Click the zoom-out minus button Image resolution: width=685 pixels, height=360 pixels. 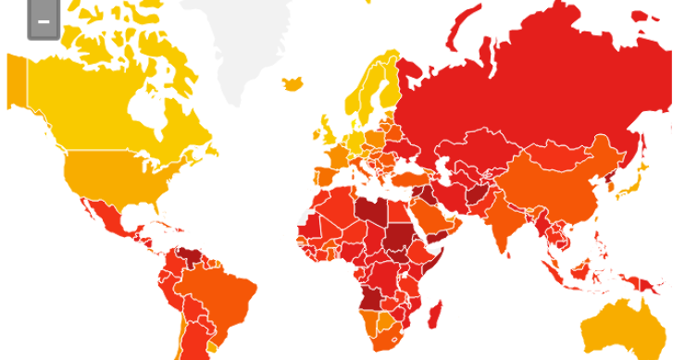tap(44, 21)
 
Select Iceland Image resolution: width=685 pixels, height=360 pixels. tap(293, 83)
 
